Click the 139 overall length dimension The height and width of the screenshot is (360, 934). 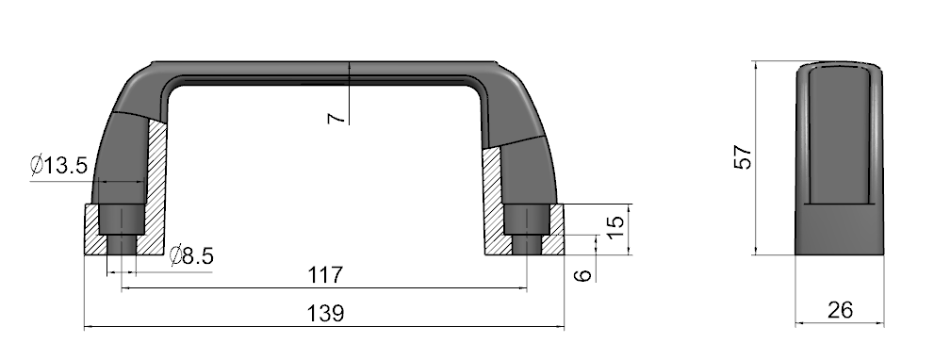pos(326,313)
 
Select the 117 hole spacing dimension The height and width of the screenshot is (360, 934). pos(326,275)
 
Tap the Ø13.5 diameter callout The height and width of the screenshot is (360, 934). pos(59,165)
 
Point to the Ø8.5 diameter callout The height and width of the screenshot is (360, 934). pos(191,255)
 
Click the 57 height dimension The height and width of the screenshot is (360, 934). pos(743,157)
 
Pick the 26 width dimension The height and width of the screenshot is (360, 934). pos(840,310)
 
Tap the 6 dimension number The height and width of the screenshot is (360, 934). pos(585,275)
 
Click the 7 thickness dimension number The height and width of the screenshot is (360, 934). pos(336,118)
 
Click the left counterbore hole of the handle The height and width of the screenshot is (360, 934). pos(122,219)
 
